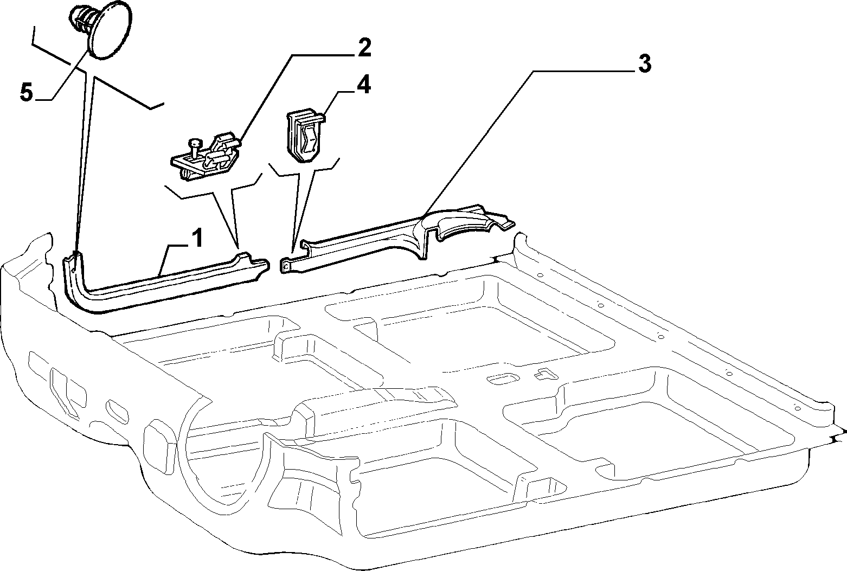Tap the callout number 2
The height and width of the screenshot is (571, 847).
(364, 48)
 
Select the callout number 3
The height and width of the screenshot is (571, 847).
(645, 63)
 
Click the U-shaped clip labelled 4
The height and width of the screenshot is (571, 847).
(304, 136)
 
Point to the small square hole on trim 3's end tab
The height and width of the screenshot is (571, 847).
(286, 267)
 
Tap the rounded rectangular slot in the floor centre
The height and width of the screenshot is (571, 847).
(502, 378)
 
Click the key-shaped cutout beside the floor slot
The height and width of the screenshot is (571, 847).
(544, 374)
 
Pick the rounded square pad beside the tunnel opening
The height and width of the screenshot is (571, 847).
(159, 446)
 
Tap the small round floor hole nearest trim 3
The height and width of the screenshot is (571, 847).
(541, 275)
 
